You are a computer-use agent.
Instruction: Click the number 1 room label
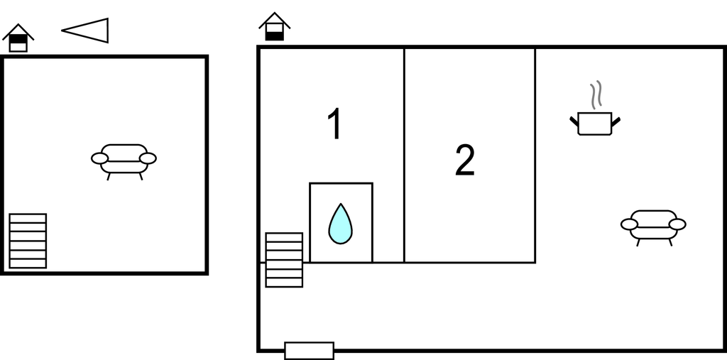[335, 124]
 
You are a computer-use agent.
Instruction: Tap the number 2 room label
[464, 160]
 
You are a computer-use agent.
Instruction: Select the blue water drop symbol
[340, 224]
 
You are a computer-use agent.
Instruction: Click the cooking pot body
[595, 124]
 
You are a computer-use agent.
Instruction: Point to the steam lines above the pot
[596, 95]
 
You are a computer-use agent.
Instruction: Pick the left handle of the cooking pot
[574, 121]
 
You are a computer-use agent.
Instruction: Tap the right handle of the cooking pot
[616, 121]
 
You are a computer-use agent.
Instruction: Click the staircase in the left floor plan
[28, 241]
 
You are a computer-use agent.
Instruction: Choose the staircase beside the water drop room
[284, 260]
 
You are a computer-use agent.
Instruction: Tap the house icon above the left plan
[18, 38]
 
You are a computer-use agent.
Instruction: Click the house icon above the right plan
[275, 26]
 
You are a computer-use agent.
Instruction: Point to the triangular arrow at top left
[85, 31]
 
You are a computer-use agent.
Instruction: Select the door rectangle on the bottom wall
[310, 351]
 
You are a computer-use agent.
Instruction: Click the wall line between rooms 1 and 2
[404, 155]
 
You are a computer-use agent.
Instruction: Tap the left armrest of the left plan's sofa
[99, 158]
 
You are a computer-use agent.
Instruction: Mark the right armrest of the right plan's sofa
[677, 224]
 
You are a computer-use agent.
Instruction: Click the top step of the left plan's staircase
[28, 218]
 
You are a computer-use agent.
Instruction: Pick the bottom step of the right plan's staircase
[284, 283]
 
